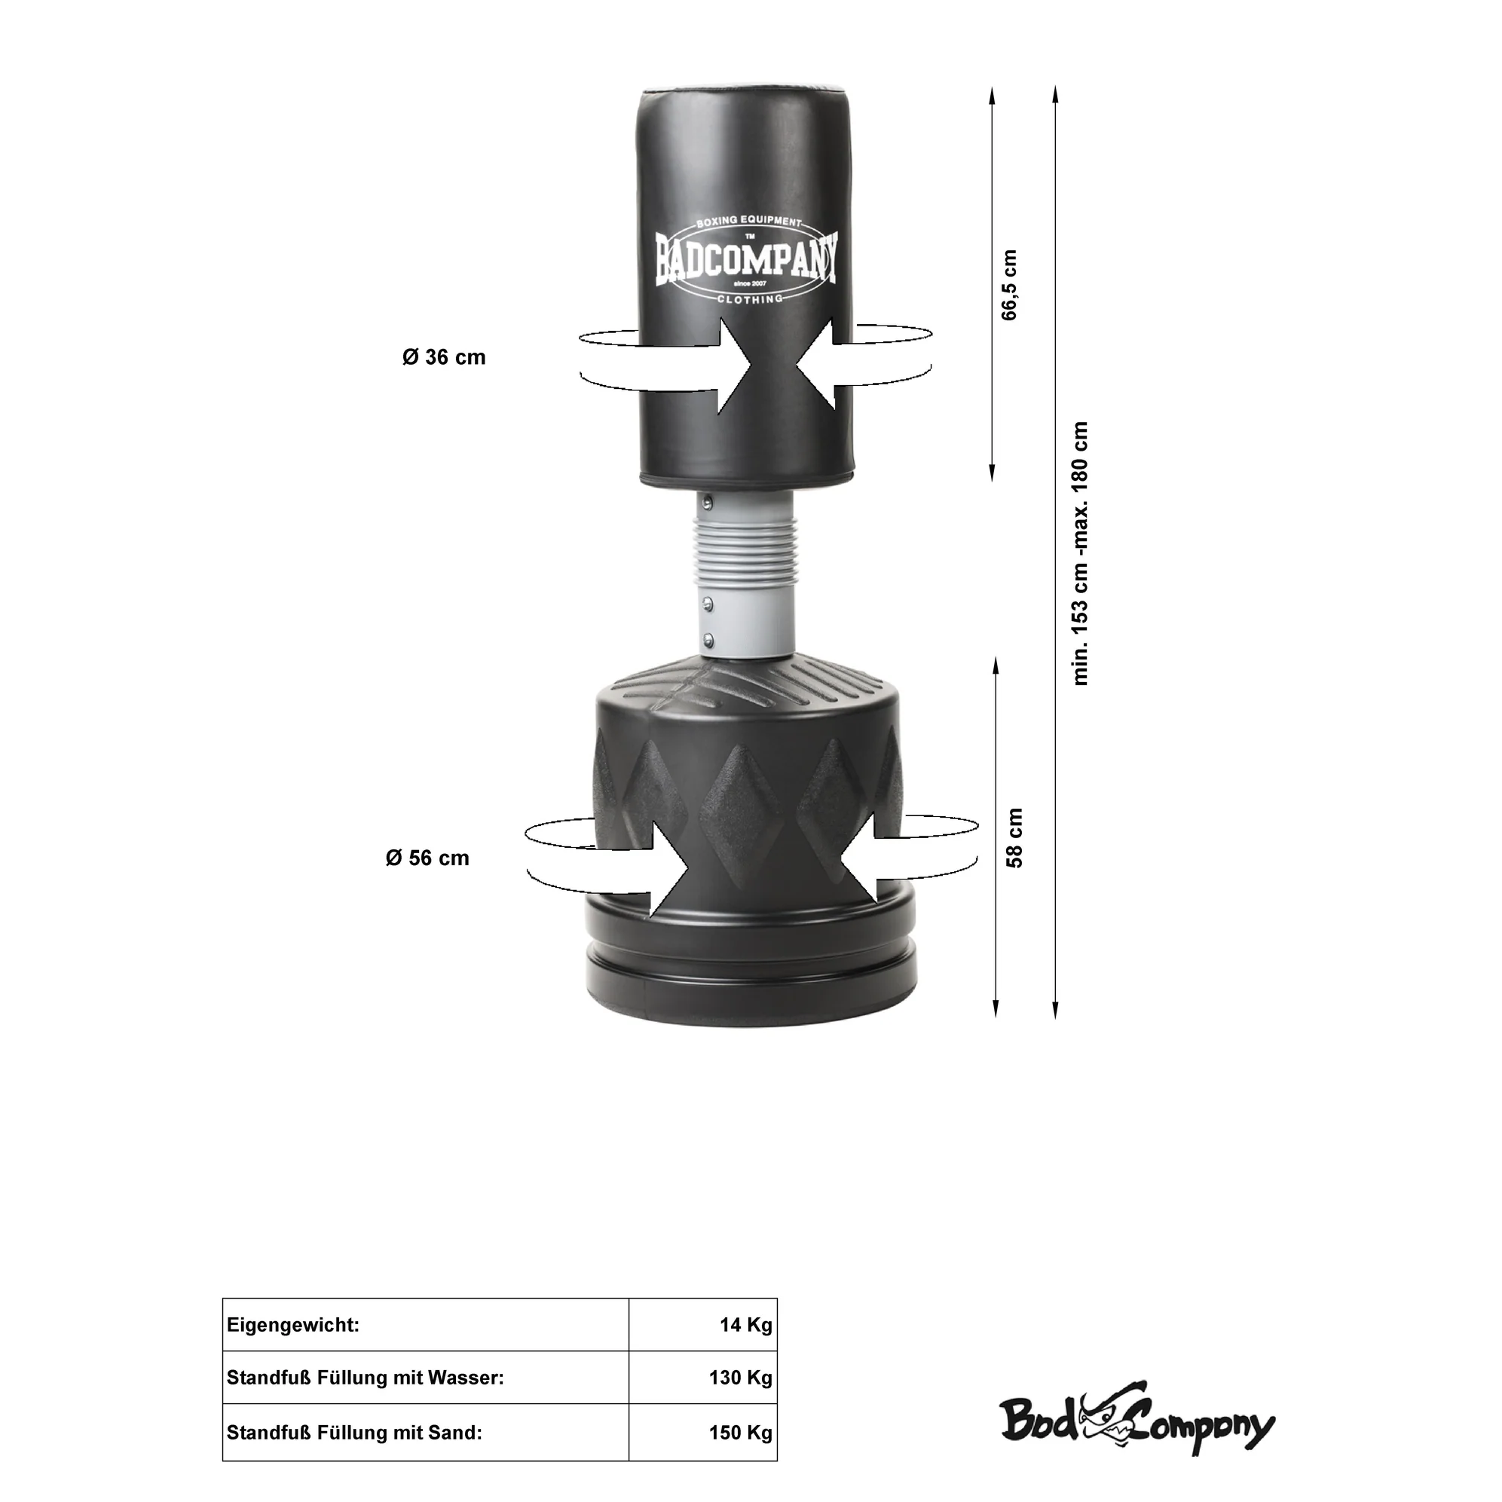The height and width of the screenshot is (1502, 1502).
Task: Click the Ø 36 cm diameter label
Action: click(444, 358)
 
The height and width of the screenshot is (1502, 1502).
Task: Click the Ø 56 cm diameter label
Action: click(427, 858)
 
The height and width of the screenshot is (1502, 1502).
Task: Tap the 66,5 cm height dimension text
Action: click(1009, 286)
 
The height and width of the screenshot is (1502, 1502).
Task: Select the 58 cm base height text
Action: click(1014, 837)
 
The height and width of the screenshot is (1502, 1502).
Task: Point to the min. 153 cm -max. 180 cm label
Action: click(1080, 552)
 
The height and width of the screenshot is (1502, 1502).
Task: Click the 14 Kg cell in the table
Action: click(745, 1325)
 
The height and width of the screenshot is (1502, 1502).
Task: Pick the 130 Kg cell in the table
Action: click(740, 1378)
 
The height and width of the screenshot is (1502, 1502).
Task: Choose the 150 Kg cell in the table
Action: click(740, 1432)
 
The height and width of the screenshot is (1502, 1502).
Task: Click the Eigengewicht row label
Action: click(293, 1326)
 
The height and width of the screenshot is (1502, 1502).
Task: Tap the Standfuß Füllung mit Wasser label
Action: click(366, 1378)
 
